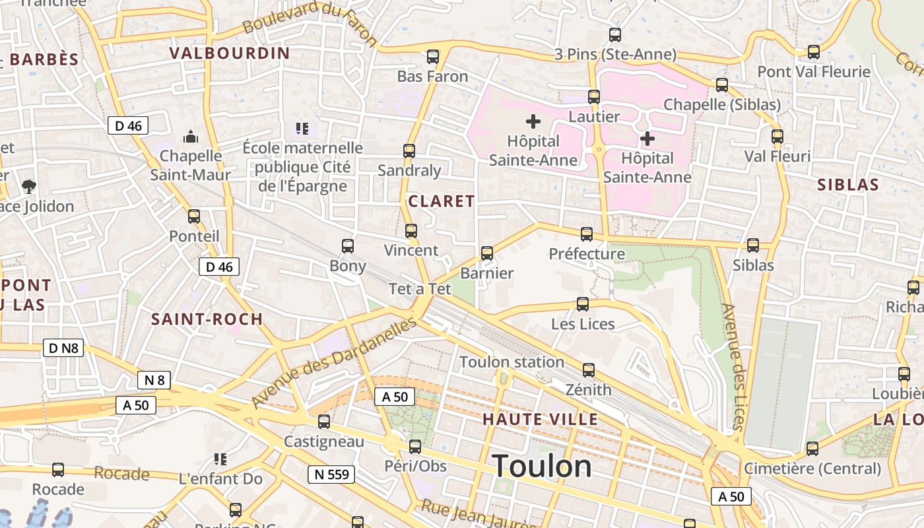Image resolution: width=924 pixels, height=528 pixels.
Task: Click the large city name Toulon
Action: tap(542, 466)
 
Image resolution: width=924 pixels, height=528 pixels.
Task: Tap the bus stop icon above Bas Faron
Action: tap(433, 57)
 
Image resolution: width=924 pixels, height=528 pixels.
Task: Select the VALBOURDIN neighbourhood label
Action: tap(230, 53)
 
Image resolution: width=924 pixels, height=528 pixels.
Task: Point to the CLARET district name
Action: tap(442, 201)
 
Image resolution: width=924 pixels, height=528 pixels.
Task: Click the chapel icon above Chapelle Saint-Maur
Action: tap(191, 137)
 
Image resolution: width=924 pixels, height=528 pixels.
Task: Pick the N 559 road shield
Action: tap(331, 474)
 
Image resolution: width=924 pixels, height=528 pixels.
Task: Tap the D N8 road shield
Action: tap(63, 348)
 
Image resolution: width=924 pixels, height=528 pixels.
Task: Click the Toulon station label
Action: tap(511, 362)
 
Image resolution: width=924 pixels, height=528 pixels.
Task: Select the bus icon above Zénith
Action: tap(588, 370)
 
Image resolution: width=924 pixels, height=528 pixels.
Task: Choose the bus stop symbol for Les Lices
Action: tap(583, 304)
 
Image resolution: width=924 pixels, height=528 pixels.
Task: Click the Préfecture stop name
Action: tap(587, 253)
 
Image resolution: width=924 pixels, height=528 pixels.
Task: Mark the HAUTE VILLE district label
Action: tap(540, 419)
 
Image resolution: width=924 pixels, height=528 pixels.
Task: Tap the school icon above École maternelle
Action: tap(302, 128)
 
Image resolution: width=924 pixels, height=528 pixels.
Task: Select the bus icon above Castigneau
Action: tap(324, 422)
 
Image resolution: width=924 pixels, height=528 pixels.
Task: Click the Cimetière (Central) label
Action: tap(812, 469)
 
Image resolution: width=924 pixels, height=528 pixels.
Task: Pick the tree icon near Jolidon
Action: tap(28, 187)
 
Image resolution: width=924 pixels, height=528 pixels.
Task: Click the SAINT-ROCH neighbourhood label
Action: tap(207, 319)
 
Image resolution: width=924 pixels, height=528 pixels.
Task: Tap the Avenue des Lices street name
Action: tap(733, 366)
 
